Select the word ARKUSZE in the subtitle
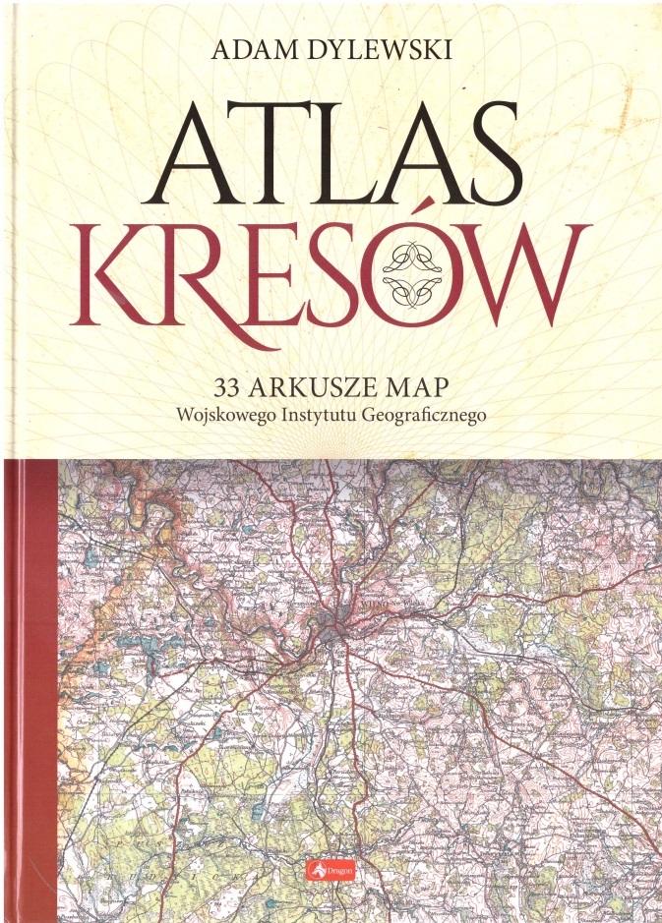pyautogui.click(x=306, y=379)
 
